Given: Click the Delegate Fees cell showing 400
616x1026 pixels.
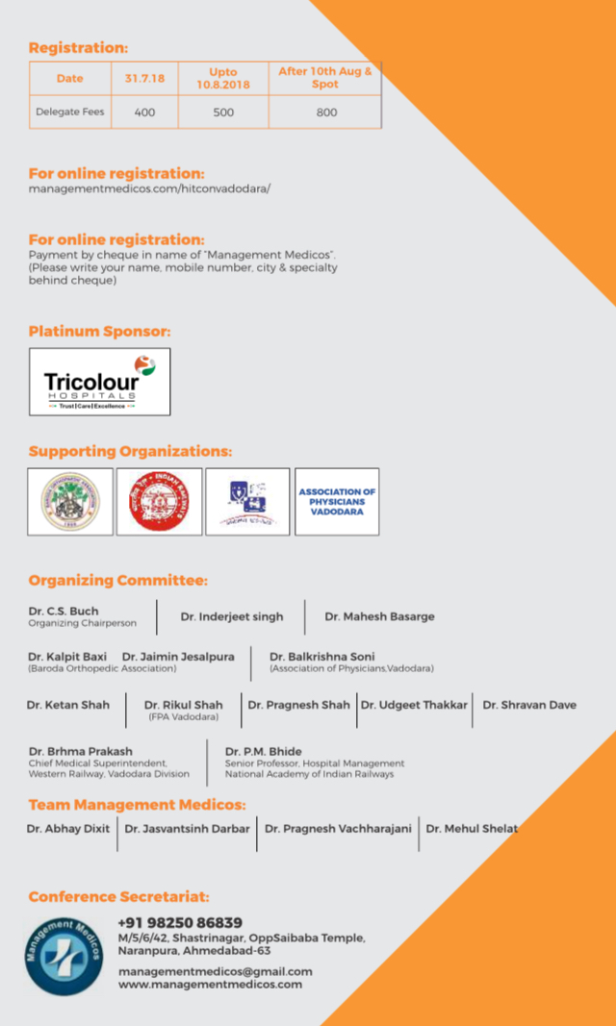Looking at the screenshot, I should (x=144, y=113).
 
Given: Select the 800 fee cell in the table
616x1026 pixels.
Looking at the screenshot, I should (x=326, y=113).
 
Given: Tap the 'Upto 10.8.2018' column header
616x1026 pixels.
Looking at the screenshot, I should (x=223, y=79).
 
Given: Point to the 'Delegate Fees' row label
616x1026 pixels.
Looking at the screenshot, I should (x=70, y=113).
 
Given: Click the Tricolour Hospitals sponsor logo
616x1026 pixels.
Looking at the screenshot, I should (x=99, y=381).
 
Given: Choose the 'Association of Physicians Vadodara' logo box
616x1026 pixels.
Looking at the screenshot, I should (x=337, y=502).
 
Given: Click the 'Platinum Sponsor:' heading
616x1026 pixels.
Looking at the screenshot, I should (x=99, y=331).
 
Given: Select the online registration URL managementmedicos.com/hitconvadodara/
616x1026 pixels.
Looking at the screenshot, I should (x=149, y=188).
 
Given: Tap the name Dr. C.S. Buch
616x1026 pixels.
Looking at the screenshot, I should (x=64, y=611).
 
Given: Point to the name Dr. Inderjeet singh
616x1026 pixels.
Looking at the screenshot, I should (x=232, y=616).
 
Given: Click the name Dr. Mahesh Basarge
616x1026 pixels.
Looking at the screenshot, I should (x=379, y=616).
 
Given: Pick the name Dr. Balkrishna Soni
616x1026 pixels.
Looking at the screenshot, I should (x=322, y=657).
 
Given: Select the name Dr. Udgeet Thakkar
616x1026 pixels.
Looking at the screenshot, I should (x=414, y=705).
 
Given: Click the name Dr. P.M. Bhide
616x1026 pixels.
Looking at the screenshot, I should (x=264, y=751).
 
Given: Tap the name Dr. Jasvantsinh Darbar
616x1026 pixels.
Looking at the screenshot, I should (x=187, y=828).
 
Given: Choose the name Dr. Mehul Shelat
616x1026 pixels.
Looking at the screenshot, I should (x=472, y=828).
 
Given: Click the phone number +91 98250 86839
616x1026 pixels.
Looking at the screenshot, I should (x=180, y=922).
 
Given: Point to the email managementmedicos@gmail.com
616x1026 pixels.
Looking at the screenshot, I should (x=215, y=971).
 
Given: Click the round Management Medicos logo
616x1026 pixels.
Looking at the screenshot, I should (x=64, y=956).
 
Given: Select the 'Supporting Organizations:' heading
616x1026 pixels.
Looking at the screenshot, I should (x=130, y=451).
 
